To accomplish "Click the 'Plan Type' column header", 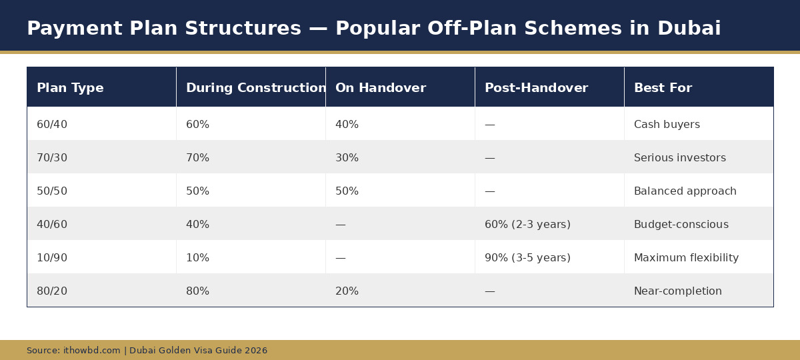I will click(70, 88).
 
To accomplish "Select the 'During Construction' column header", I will click(256, 88).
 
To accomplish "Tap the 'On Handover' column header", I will click(380, 88).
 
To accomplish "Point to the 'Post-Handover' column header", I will click(536, 88).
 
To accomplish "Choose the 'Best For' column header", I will click(663, 88).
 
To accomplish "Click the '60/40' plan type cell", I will click(52, 125).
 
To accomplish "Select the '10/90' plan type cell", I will click(52, 258).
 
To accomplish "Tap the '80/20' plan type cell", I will click(52, 291).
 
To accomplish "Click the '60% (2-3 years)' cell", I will click(527, 225).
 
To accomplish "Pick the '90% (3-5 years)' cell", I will click(527, 258).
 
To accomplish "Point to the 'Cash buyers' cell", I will click(667, 125).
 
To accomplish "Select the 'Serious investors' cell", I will click(679, 158).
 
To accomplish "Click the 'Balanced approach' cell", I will click(685, 191).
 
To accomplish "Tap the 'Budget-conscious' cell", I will click(681, 225).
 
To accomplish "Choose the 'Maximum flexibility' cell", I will click(686, 258).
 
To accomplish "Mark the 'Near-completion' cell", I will click(677, 291).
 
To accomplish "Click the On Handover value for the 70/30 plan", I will click(347, 158).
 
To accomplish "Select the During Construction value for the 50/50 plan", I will click(197, 191).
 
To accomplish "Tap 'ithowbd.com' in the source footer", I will click(92, 351).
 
